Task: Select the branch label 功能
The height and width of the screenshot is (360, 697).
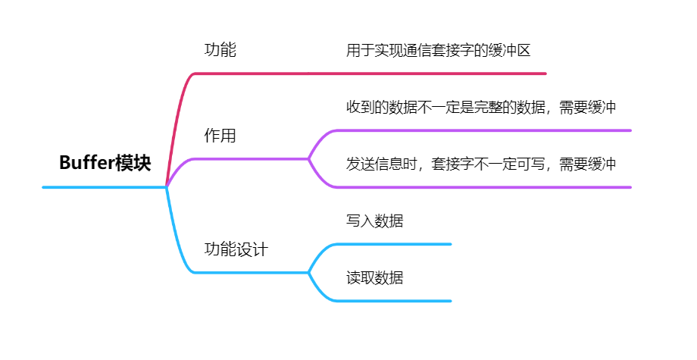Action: [220, 51]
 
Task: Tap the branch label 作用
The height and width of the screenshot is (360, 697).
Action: [220, 136]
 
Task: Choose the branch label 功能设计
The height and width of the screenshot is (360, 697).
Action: [236, 249]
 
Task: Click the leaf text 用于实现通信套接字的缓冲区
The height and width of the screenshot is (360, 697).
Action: [438, 51]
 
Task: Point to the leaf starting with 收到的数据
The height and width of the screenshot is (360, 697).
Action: [481, 108]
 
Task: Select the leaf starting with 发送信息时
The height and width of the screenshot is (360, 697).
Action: [481, 164]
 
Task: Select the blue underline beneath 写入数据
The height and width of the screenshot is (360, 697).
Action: [394, 244]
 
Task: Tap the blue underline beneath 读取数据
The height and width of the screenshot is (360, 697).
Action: [394, 301]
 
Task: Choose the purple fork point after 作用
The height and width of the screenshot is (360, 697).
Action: [309, 158]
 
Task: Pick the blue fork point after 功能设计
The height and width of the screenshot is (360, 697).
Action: [309, 272]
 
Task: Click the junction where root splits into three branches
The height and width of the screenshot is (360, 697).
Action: [166, 186]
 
